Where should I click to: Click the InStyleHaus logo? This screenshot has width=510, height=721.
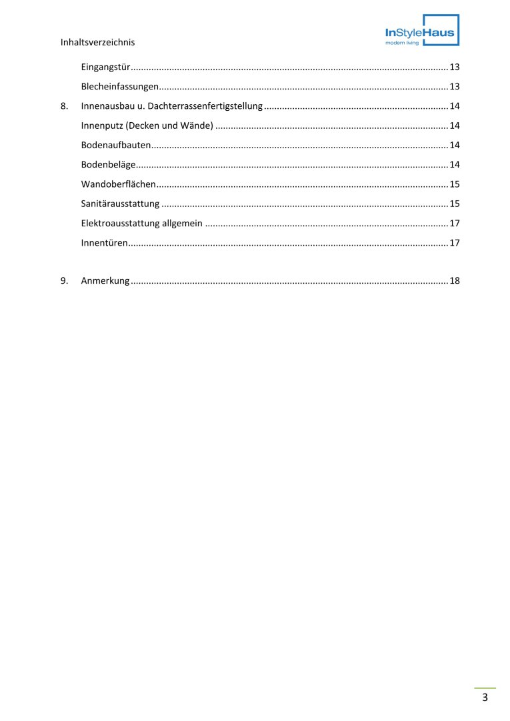(422, 31)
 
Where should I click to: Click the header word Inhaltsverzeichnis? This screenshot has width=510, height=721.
(97, 42)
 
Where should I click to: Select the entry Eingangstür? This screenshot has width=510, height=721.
(105, 67)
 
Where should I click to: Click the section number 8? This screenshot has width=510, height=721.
(64, 106)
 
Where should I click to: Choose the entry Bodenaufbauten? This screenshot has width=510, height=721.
(116, 145)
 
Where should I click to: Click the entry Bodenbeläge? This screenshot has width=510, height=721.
(108, 164)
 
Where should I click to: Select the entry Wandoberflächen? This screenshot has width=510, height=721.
(118, 184)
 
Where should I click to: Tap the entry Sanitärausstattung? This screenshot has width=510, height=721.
(120, 204)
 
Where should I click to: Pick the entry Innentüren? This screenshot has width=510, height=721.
(104, 242)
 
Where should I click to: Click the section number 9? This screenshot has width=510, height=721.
(64, 281)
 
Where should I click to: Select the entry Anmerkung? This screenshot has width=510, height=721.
(105, 281)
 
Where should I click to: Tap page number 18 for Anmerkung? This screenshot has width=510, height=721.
(455, 281)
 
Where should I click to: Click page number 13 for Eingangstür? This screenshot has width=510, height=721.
(455, 67)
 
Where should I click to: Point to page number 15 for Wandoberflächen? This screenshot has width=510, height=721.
(455, 184)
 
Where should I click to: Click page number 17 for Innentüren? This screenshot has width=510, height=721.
(455, 242)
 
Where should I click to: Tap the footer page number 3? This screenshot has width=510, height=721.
(485, 698)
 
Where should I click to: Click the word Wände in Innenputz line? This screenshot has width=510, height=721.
(194, 126)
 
